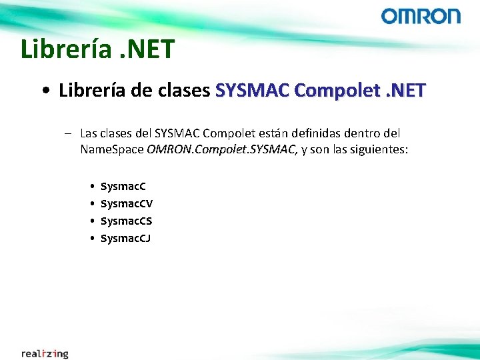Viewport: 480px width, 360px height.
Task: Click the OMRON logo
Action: point(421,16)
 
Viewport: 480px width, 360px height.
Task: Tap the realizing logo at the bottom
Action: point(45,353)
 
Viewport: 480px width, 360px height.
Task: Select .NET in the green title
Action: point(149,49)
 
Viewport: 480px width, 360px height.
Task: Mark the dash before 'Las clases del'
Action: point(68,133)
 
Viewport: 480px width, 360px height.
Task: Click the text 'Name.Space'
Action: point(111,149)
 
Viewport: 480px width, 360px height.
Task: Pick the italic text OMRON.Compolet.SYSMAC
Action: point(222,149)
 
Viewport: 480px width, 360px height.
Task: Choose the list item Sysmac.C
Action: point(123,186)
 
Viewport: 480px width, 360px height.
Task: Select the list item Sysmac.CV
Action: point(126,203)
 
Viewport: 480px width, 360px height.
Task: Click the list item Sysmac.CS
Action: point(126,221)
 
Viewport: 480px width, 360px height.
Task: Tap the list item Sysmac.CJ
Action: point(125,238)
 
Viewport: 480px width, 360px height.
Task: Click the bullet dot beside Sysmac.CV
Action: point(91,203)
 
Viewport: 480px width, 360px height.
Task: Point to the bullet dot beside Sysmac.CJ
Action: point(91,238)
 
